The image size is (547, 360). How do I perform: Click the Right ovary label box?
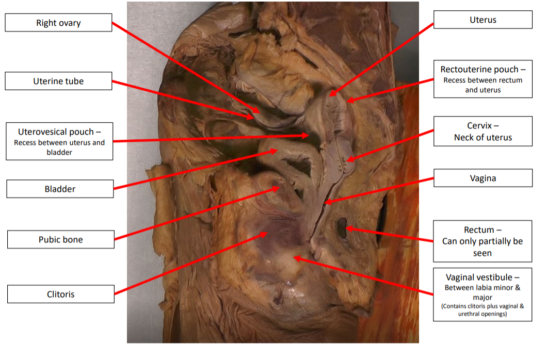pyautogui.click(x=58, y=23)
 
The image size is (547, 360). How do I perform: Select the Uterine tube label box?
pyautogui.click(x=58, y=81)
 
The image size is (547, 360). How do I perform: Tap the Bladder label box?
pyautogui.click(x=60, y=189)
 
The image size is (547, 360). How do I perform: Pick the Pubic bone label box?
pyautogui.click(x=60, y=239)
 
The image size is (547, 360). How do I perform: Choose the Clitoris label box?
pyautogui.click(x=60, y=294)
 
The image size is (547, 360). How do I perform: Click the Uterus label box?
pyautogui.click(x=482, y=20)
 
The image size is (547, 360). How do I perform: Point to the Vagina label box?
pyautogui.click(x=482, y=178)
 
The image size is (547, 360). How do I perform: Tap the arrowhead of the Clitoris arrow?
pyautogui.click(x=266, y=234)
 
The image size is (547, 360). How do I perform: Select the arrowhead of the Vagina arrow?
pyautogui.click(x=325, y=203)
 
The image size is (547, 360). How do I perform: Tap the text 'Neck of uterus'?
pyautogui.click(x=482, y=137)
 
